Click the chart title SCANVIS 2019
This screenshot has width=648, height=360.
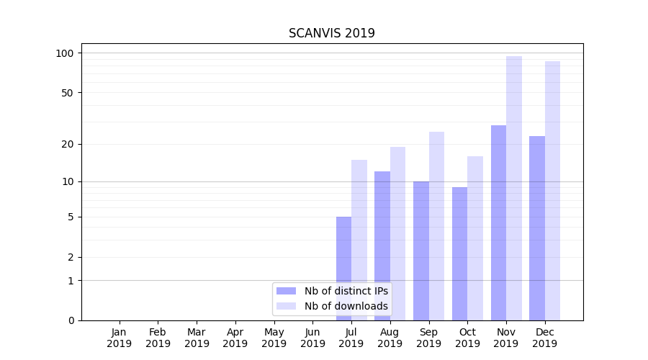pyautogui.click(x=331, y=33)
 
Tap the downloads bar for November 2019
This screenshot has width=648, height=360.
pyautogui.click(x=514, y=187)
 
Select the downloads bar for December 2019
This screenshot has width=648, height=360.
pyautogui.click(x=552, y=191)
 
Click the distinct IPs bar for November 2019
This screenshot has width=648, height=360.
pyautogui.click(x=498, y=222)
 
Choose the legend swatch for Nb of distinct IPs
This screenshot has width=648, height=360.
pyautogui.click(x=287, y=291)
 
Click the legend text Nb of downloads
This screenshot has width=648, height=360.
pyautogui.click(x=346, y=306)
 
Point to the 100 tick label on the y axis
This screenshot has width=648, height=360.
pyautogui.click(x=65, y=53)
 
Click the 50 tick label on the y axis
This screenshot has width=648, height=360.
pyautogui.click(x=67, y=93)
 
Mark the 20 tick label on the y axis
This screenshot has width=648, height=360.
pyautogui.click(x=67, y=144)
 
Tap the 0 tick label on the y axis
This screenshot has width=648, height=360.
pyautogui.click(x=71, y=320)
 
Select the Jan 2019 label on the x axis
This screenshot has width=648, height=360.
pyautogui.click(x=120, y=338)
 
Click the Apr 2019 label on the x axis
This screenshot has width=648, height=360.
pyautogui.click(x=235, y=338)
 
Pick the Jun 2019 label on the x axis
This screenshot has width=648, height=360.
pyautogui.click(x=312, y=338)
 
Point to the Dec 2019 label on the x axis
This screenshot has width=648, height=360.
pyautogui.click(x=544, y=338)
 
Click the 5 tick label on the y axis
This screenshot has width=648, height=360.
pyautogui.click(x=71, y=217)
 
